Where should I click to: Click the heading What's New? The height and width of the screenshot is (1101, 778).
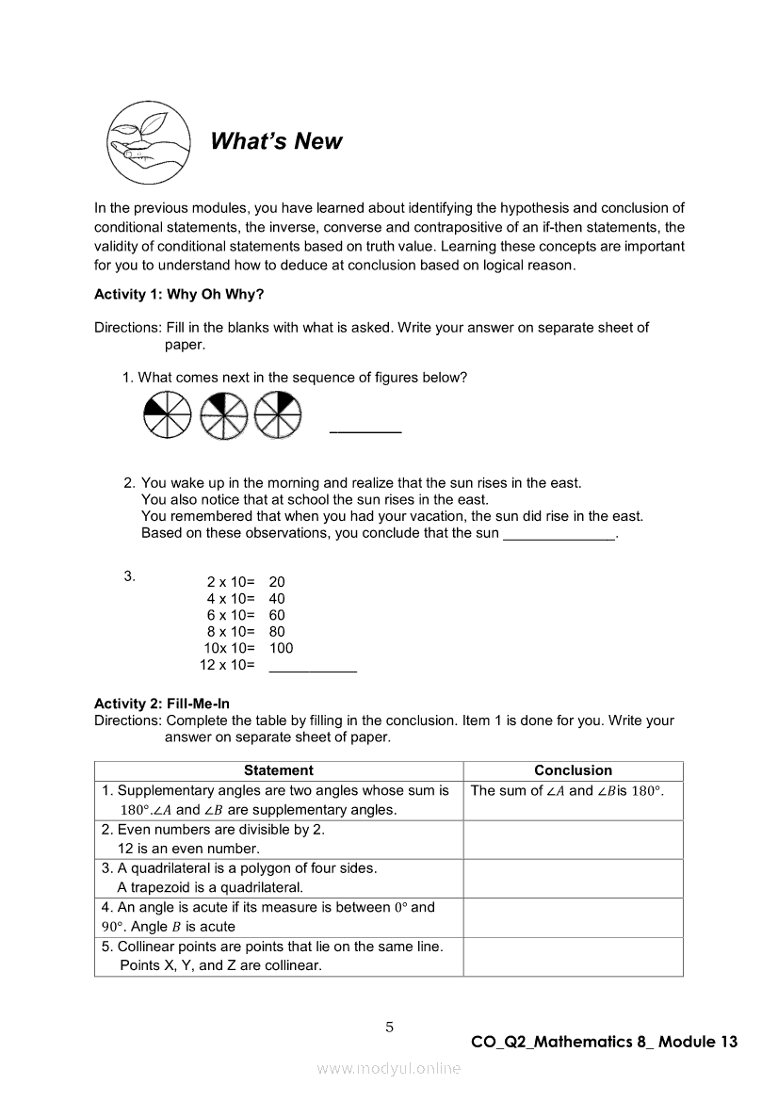276,142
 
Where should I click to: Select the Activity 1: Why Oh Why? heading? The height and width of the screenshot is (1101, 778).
179,295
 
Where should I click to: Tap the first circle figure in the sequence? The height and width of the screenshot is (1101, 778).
168,413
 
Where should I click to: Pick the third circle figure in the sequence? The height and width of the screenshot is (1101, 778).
277,413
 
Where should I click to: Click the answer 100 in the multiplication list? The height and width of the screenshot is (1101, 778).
281,649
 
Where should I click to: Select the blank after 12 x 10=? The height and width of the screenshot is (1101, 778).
313,666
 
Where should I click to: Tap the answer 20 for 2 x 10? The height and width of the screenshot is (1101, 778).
277,583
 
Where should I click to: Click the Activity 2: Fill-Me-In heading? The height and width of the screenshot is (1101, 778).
162,704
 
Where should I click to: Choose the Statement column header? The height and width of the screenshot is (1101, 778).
279,770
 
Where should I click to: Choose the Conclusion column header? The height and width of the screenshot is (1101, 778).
573,770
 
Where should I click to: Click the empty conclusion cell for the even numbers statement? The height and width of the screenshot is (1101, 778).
573,839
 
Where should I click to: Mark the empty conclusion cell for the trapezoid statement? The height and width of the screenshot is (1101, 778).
573,878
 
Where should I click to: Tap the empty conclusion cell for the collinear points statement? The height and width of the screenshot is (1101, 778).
573,956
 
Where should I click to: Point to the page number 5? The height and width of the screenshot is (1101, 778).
389,1028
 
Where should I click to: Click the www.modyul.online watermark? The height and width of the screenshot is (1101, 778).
389,1068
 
